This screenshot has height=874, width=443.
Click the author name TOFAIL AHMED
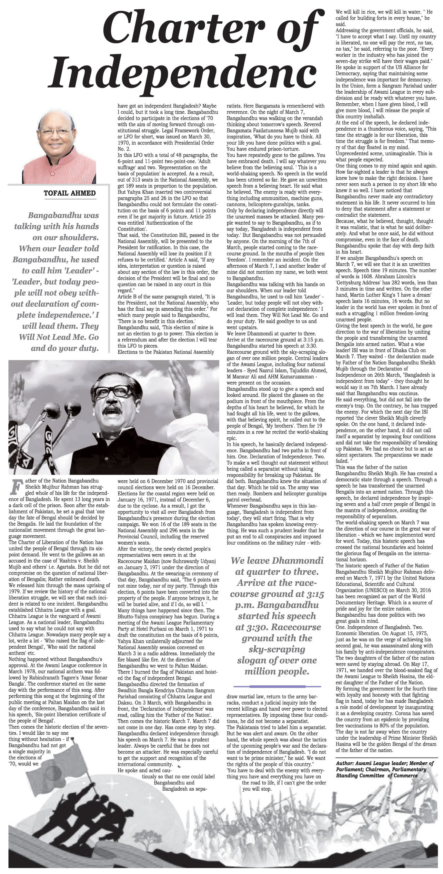(x=70, y=193)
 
